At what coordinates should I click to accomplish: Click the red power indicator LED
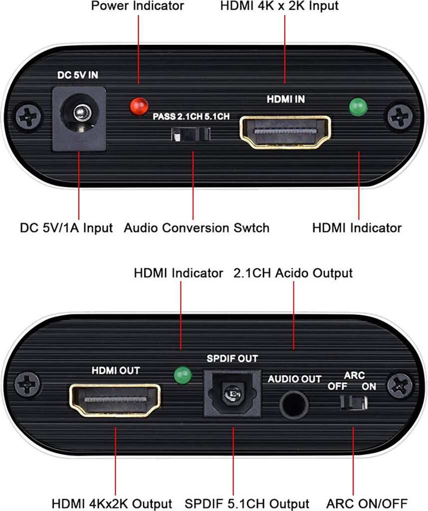point(139,106)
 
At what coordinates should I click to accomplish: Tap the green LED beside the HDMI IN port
point(358,107)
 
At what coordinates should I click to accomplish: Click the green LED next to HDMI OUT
point(183,375)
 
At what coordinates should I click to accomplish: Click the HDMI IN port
point(285,132)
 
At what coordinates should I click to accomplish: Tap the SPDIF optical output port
point(232,393)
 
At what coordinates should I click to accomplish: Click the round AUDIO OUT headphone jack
point(294,405)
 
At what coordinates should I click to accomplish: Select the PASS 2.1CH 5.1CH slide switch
point(191,134)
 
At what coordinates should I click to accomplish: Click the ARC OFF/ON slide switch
point(354,402)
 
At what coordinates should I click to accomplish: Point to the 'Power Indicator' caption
point(138,6)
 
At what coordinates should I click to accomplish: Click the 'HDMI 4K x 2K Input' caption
point(279,6)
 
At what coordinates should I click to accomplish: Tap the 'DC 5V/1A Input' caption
point(66,228)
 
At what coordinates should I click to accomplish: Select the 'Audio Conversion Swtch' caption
point(197,228)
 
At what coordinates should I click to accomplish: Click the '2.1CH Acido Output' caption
point(293,273)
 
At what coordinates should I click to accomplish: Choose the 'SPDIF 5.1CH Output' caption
point(247,504)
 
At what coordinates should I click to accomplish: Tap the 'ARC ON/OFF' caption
point(367,504)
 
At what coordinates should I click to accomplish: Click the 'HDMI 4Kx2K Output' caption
point(112,504)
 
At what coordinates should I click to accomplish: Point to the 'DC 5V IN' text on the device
point(78,75)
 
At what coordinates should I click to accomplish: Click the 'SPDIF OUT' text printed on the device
point(232,359)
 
